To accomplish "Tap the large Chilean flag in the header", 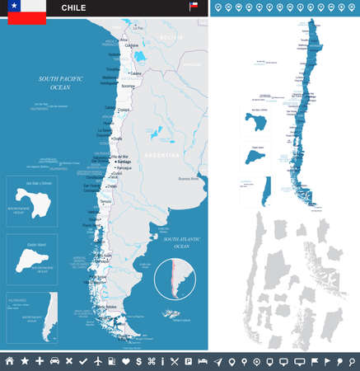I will point(26,8).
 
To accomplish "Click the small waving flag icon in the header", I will point(194,7).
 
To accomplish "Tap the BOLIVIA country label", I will point(171,37).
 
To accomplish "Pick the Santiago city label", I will point(125,163).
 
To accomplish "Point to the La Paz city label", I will point(138,28).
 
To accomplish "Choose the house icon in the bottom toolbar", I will point(10,361).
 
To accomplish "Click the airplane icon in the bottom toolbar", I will point(99,361).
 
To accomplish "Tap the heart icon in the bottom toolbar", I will point(125,361).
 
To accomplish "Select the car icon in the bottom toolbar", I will point(54,361).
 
